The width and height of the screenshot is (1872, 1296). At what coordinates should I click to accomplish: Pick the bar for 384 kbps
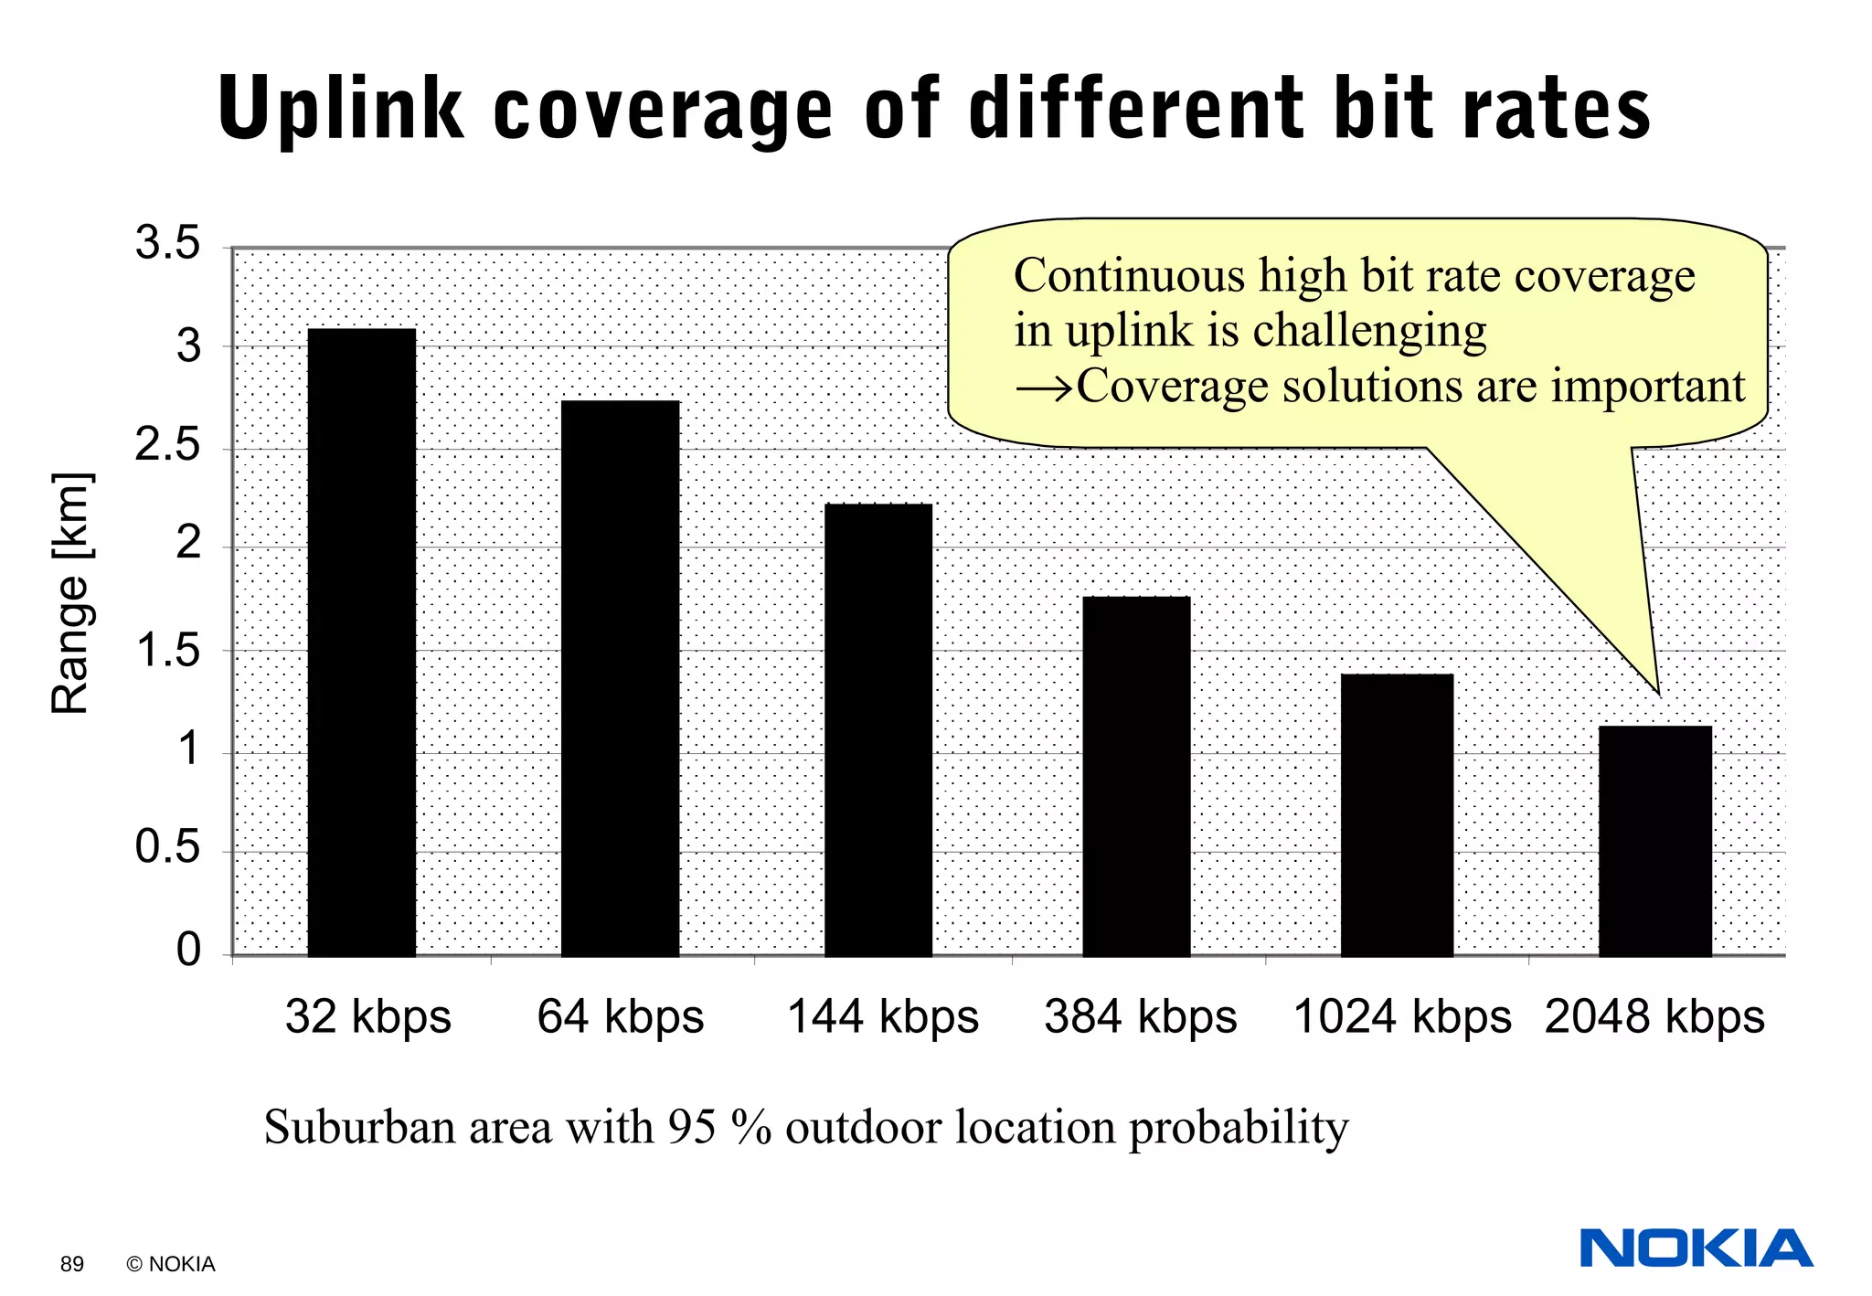pos(1136,776)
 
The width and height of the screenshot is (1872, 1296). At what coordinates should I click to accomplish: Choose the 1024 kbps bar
pos(1397,814)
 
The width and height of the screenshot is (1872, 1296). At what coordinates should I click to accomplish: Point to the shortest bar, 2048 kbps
pos(1654,841)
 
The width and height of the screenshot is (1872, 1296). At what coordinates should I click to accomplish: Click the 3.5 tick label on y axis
pos(167,243)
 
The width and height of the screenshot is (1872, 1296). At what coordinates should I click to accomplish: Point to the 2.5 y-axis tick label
pos(167,445)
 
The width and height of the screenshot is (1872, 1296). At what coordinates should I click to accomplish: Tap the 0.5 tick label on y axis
pos(167,847)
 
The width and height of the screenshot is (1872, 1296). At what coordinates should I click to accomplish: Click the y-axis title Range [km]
pos(70,594)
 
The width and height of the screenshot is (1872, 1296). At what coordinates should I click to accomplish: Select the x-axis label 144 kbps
pos(883,1017)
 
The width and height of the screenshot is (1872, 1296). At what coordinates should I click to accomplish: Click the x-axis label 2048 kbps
pos(1654,1017)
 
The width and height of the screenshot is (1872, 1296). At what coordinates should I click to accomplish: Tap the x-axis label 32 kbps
pos(367,1017)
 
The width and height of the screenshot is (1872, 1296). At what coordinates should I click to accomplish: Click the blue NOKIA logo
pos(1696,1248)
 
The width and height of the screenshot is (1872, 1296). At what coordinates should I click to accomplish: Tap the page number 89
pos(72,1264)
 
